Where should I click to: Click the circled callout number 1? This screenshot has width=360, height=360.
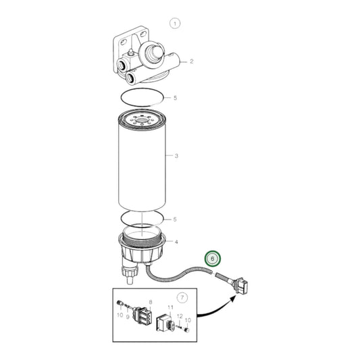coord(175,24)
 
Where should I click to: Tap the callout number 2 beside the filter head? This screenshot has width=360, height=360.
coord(191,61)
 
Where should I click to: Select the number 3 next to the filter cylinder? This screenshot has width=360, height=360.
coord(176,156)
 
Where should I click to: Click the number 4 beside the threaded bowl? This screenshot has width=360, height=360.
coord(176,242)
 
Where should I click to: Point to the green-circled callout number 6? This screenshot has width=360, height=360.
coord(212,259)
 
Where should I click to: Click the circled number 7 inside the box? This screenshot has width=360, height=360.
coord(182,298)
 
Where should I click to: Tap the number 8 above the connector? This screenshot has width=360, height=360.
coord(151,302)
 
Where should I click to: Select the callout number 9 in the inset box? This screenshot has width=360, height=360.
coord(128,317)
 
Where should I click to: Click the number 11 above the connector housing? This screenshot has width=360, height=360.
coord(170,307)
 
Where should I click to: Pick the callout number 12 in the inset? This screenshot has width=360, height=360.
coord(180,316)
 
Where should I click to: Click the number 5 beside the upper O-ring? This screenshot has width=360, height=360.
coord(175,98)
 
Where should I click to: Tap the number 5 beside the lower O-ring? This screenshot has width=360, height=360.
coord(175,220)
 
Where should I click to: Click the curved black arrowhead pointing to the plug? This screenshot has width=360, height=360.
coord(232,299)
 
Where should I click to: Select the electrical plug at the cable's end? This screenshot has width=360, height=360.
coord(240,286)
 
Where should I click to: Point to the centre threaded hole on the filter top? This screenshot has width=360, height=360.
coord(142,120)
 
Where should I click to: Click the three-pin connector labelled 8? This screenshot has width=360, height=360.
coord(143,314)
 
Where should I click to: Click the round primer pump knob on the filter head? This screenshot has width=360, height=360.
coord(151,53)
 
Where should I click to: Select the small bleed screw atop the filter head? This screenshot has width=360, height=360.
coord(130,51)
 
